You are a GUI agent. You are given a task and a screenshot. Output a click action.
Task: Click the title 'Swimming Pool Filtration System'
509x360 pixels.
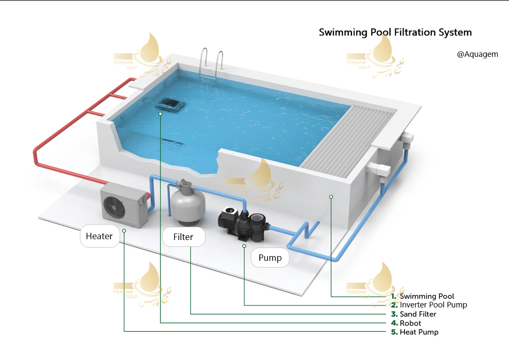[x=395, y=32]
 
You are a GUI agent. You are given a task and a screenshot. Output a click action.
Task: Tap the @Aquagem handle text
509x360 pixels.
[x=477, y=54]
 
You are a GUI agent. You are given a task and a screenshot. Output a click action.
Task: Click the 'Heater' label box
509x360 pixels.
[x=100, y=236]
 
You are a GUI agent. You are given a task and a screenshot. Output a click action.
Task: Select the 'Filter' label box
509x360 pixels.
[x=183, y=237]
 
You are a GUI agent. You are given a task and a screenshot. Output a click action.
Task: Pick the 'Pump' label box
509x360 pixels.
[x=270, y=258]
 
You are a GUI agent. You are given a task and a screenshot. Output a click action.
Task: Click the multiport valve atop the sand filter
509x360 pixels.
[x=184, y=184]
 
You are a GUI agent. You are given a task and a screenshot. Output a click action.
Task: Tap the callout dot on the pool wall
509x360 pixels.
[x=331, y=197]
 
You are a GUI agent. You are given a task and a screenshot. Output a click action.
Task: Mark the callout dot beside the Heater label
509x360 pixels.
[x=124, y=230]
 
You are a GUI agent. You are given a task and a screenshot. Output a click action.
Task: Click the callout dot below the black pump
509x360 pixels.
[x=244, y=246]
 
